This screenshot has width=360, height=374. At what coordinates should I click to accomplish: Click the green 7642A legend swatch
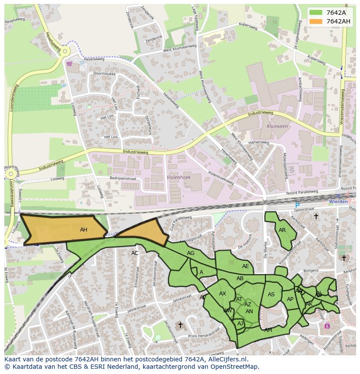pos(316,13)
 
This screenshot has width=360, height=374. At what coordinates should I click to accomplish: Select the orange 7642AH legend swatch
pos(316,21)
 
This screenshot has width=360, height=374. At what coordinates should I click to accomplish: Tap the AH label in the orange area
pos(83,230)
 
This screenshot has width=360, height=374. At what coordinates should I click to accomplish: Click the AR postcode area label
pos(282,230)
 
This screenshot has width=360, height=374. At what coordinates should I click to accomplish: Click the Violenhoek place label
pos(179,177)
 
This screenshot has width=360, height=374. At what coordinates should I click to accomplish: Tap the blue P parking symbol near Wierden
pos(297,205)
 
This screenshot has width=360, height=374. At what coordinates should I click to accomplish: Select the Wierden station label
pos(339,202)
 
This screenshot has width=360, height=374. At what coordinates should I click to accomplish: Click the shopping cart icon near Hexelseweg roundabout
pos(69,64)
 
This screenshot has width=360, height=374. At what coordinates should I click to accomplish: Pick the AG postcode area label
pos(190,253)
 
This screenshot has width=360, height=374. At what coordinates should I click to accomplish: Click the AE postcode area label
pos(246,266)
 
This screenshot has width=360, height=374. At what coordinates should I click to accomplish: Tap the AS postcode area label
pos(271,295)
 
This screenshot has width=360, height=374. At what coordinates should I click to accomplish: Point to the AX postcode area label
pos(223,294)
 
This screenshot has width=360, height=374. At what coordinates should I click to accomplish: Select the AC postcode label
pos(135,253)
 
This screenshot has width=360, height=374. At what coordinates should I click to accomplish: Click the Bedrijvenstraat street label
pos(123,179)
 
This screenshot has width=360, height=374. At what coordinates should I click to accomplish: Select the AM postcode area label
pos(268,330)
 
